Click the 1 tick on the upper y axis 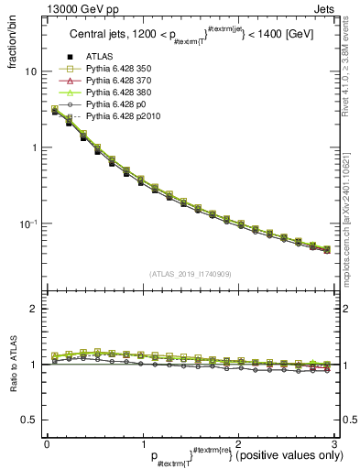click(x=35, y=147)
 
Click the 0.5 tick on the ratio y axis click(x=31, y=420)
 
